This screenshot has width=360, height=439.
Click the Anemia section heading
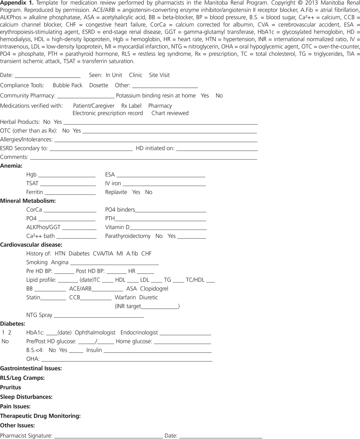click(x=11, y=166)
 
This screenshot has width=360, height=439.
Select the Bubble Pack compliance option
click(x=67, y=85)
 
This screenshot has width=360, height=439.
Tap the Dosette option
click(x=99, y=85)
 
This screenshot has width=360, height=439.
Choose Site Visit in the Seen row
click(x=159, y=75)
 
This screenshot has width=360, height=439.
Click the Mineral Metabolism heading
click(x=28, y=201)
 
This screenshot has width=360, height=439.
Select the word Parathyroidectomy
click(x=128, y=236)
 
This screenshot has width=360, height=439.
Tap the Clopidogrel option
click(x=154, y=288)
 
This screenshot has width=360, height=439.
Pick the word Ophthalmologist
click(x=95, y=332)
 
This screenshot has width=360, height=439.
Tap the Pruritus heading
click(x=11, y=387)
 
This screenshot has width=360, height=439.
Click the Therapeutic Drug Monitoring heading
click(x=40, y=416)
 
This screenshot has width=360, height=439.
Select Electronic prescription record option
click(x=108, y=113)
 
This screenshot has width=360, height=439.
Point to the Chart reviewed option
click(x=170, y=113)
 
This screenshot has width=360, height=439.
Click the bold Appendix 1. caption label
click(x=17, y=3)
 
